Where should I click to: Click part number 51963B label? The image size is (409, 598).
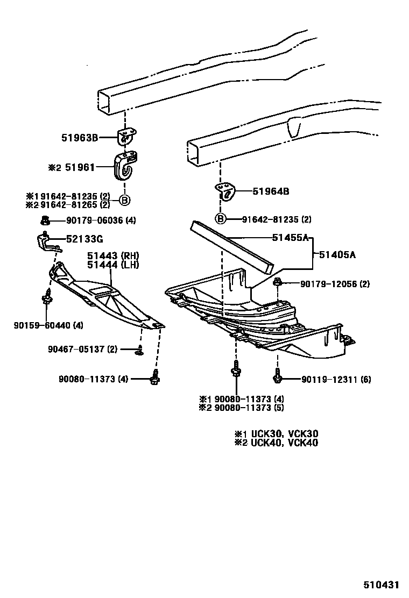point(79,138)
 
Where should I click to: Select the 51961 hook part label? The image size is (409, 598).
point(80,167)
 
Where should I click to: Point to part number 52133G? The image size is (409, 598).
point(84,239)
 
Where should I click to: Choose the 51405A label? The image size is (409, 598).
point(337,255)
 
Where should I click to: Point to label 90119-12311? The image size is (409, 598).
point(336,380)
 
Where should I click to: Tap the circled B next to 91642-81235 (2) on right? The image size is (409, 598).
point(221,218)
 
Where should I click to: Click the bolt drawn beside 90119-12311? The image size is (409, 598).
point(278,376)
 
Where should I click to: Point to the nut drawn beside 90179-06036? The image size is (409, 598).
point(46,219)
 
